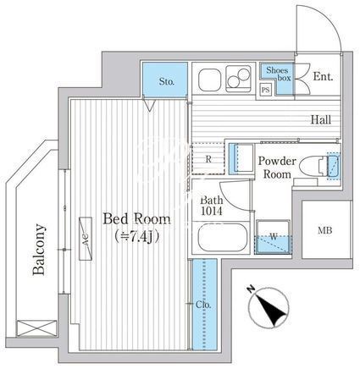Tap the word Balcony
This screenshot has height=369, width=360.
39,250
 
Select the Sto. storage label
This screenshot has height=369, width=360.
167,82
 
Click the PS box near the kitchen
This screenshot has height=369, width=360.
265,90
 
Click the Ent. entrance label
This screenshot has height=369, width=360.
323,76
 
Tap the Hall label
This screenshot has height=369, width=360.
321,120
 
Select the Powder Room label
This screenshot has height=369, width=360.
277,168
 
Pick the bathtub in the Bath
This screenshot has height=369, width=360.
223,237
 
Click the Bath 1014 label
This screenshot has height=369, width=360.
212,206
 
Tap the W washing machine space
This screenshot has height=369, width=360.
274,237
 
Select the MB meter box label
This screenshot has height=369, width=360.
325,230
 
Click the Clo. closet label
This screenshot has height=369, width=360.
203,305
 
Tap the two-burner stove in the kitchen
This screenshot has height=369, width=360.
239,79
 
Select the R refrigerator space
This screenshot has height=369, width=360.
208,159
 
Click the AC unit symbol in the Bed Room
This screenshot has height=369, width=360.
86,239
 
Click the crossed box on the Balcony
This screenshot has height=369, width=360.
36,328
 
